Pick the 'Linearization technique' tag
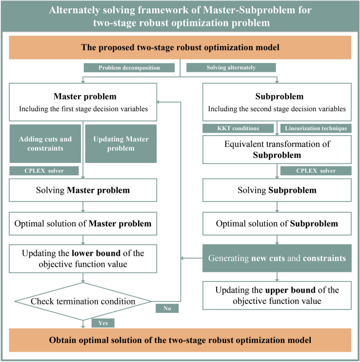click(315, 128)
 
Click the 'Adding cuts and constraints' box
click(44, 143)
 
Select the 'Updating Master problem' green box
click(120, 143)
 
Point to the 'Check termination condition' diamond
click(82, 302)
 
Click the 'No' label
click(167, 308)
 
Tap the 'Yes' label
click(102, 323)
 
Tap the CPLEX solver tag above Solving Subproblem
click(316, 170)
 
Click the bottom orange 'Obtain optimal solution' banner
click(180, 340)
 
